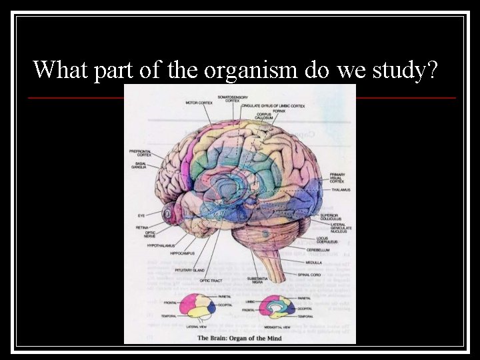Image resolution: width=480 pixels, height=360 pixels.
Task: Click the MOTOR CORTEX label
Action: point(199,103)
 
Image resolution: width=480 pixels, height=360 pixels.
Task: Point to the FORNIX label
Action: point(279,111)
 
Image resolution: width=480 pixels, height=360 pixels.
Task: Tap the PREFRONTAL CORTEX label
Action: point(140,153)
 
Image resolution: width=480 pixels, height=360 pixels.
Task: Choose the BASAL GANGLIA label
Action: point(140,165)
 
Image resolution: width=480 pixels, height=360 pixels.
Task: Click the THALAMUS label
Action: point(341,190)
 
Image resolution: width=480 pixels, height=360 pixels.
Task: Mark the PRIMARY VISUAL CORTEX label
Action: point(338,177)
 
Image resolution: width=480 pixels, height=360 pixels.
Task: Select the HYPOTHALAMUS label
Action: point(160,245)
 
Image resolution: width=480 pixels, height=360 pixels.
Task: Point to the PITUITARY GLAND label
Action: point(189,270)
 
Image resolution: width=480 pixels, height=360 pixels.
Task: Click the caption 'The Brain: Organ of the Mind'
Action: point(239,339)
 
